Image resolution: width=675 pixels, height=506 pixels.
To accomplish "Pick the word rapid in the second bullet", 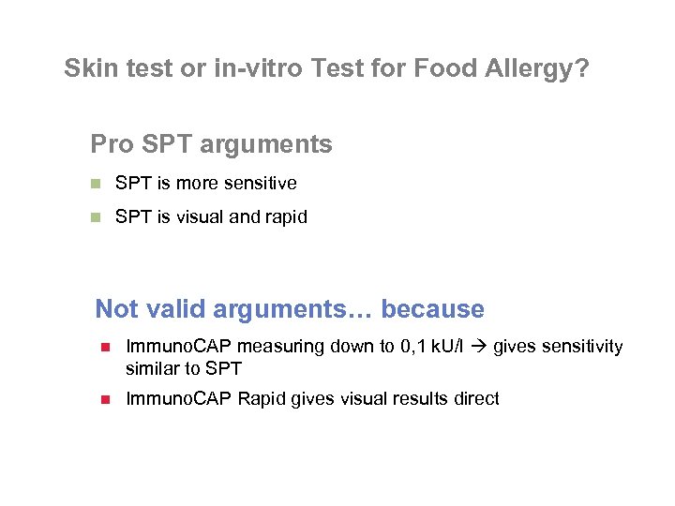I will click(x=287, y=217).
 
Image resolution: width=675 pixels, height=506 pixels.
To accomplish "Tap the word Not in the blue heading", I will click(x=117, y=309).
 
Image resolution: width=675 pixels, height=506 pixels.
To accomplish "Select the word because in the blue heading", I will click(x=433, y=309).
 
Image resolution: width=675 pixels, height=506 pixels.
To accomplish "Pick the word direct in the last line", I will click(x=474, y=399).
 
